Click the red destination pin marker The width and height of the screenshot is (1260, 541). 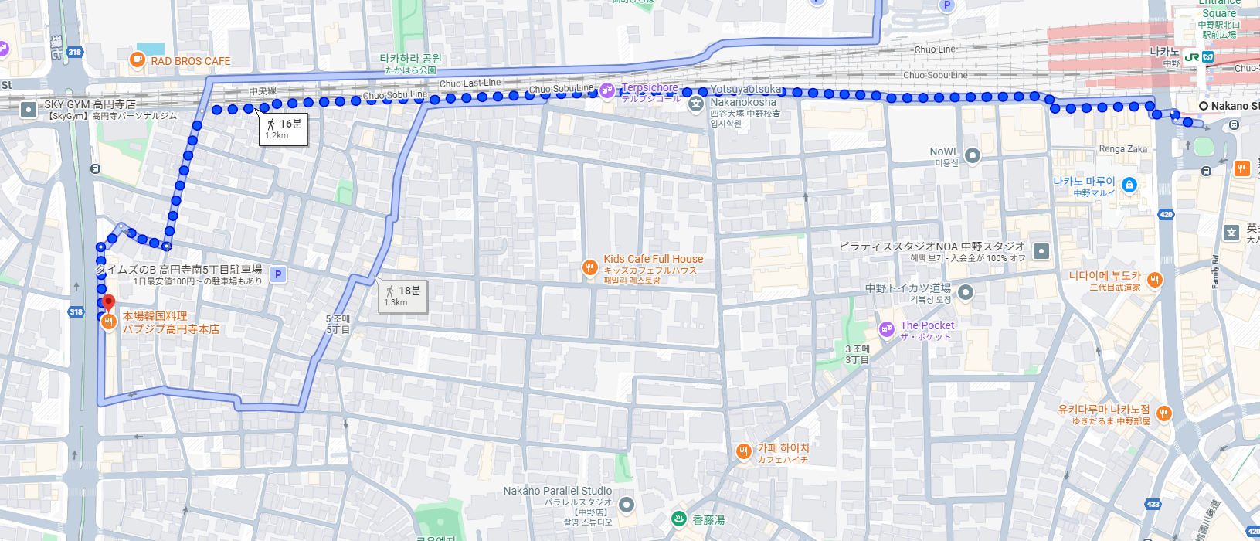(108, 302)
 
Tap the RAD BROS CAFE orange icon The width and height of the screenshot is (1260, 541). (138, 60)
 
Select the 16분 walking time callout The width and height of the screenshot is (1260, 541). (283, 128)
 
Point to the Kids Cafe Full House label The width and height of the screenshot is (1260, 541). (653, 259)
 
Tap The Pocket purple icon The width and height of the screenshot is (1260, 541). (886, 329)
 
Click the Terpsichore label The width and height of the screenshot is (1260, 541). (650, 88)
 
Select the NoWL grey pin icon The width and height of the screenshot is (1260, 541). (973, 155)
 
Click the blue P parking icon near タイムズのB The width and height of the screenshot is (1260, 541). (278, 274)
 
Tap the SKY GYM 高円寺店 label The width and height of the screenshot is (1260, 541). (90, 104)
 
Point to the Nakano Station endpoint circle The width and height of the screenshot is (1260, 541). (1203, 106)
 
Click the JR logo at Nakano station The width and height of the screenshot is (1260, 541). (1191, 57)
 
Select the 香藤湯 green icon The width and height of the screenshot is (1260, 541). (679, 519)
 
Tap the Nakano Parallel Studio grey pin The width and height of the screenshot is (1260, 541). (627, 505)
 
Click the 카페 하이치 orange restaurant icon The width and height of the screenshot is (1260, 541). (743, 451)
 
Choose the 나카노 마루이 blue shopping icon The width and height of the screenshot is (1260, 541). (1129, 185)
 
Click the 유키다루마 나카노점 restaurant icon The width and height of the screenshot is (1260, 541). (1163, 413)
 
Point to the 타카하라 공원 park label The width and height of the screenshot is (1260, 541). (410, 59)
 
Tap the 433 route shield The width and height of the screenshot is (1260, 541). (1153, 504)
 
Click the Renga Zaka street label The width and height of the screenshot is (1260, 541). (1122, 149)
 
